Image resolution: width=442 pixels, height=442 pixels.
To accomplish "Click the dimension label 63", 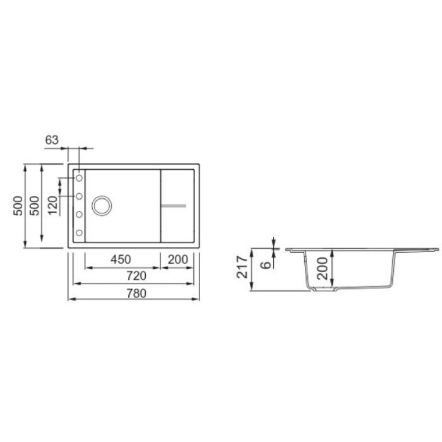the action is (x=52, y=140).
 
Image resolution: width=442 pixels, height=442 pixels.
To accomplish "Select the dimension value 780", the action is (x=136, y=294).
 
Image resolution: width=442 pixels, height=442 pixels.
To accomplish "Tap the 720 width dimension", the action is (x=136, y=276).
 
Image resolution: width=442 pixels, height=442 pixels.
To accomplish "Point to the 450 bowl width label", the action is (x=121, y=260).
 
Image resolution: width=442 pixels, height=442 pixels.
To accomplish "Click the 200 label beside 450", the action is (x=177, y=260).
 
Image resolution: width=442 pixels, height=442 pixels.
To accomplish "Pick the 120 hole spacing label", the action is (x=52, y=205).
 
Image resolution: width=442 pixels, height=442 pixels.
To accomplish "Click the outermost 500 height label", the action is (x=18, y=206).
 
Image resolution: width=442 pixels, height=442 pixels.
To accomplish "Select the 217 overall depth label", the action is (x=242, y=267).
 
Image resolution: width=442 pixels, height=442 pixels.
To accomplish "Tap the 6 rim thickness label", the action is (x=265, y=265).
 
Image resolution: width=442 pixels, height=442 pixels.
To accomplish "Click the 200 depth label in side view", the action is (x=322, y=268).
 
